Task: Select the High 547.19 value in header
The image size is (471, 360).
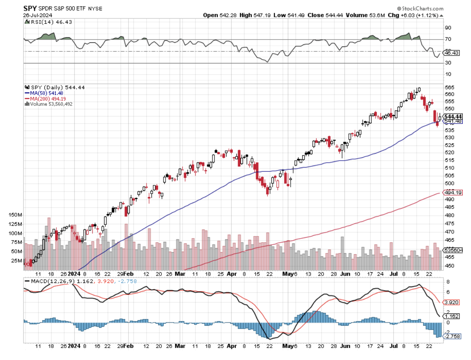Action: tap(252, 15)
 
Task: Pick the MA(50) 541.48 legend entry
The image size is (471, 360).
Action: tap(45, 93)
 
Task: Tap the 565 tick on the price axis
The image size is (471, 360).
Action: tap(449, 87)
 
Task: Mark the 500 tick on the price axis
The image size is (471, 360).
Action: tap(449, 183)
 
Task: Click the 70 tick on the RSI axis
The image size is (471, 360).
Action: tap(448, 39)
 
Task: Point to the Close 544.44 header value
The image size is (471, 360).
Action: tap(319, 15)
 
